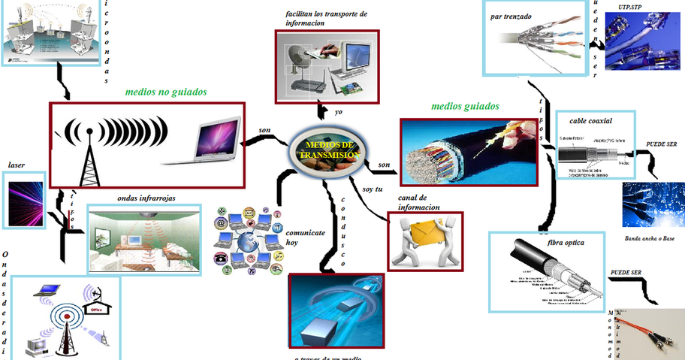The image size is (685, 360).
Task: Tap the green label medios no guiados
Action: [x=166, y=92]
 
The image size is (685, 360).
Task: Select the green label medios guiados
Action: [x=465, y=107]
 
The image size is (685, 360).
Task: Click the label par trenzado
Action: [x=511, y=14]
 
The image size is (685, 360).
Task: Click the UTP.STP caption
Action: [x=630, y=7]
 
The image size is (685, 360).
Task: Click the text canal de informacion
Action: [x=418, y=202]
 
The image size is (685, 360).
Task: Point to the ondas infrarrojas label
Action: [x=146, y=198]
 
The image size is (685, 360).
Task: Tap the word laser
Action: [x=17, y=164]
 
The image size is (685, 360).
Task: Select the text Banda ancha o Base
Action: [x=649, y=239]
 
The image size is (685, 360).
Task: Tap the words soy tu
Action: [x=373, y=189]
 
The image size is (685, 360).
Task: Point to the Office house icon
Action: [x=97, y=307]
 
